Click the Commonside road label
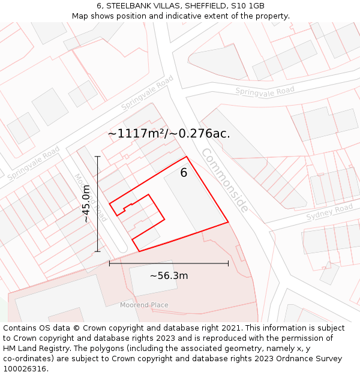[224, 179]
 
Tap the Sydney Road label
[329, 212]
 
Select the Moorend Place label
[144, 305]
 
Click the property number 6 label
[184, 173]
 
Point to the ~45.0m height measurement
[86, 203]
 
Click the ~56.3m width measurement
[169, 275]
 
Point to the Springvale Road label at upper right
[265, 91]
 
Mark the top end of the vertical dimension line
[97, 156]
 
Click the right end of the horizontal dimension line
[228, 263]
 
